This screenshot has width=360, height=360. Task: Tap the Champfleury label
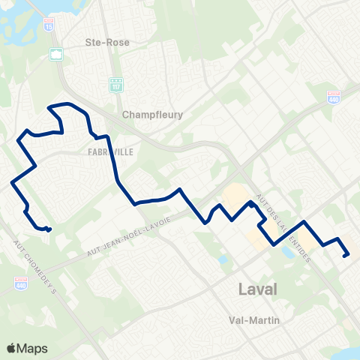(152, 115)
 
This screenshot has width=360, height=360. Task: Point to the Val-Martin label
(254, 320)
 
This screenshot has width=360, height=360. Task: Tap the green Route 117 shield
(115, 84)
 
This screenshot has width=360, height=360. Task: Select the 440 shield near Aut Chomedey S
(21, 281)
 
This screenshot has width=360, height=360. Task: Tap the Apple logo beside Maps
(10, 348)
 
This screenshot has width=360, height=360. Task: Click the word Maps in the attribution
(32, 348)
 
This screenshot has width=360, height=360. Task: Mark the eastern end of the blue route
(344, 256)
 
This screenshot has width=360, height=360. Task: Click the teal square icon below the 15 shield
(57, 54)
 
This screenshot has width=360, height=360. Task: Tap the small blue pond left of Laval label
(223, 259)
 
